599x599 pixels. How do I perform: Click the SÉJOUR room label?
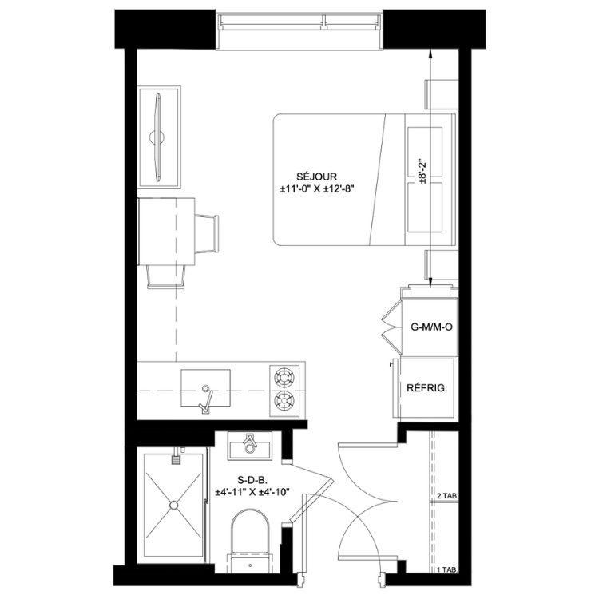tap(317, 177)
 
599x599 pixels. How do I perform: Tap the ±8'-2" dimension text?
tap(422, 172)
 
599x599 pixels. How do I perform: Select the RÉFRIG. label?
tap(426, 388)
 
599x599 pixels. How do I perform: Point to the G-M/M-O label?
tap(431, 327)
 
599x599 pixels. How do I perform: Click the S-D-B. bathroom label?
tap(250, 480)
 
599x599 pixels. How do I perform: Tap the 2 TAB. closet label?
tap(447, 496)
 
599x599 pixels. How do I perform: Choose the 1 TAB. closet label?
tap(447, 570)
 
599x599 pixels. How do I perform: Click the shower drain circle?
tap(174, 505)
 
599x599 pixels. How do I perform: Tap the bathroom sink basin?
tap(250, 446)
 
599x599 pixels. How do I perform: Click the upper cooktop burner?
tap(284, 377)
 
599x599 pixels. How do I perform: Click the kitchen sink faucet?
tap(206, 399)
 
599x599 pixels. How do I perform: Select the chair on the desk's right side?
tap(207, 233)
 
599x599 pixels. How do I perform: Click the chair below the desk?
tap(167, 276)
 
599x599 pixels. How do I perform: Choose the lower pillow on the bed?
tap(425, 208)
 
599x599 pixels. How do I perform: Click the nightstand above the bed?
tap(442, 94)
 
